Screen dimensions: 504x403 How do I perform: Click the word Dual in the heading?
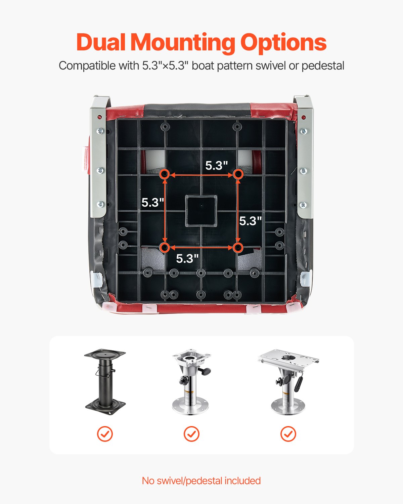pyautogui.click(x=101, y=43)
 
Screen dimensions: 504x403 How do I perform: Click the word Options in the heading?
pyautogui.click(x=283, y=43)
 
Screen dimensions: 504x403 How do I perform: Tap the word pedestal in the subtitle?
pyautogui.click(x=323, y=66)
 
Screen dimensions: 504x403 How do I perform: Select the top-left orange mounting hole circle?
pyautogui.click(x=165, y=174)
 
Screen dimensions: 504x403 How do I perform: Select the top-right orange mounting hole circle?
pyautogui.click(x=238, y=174)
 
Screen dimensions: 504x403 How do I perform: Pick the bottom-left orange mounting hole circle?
pyautogui.click(x=165, y=248)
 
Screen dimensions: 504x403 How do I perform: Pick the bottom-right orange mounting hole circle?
pyautogui.click(x=238, y=248)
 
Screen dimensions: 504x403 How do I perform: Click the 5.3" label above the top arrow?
pyautogui.click(x=217, y=165)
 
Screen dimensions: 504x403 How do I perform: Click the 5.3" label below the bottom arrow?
pyautogui.click(x=187, y=258)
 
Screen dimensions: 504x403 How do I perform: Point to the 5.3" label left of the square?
pyautogui.click(x=152, y=202)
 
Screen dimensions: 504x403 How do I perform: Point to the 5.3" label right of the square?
pyautogui.click(x=250, y=221)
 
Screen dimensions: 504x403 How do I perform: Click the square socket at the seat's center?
pyautogui.click(x=201, y=211)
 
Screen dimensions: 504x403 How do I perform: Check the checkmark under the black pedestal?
pyautogui.click(x=105, y=434)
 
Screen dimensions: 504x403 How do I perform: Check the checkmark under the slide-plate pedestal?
pyautogui.click(x=288, y=434)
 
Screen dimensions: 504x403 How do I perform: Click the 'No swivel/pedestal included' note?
pyautogui.click(x=201, y=480)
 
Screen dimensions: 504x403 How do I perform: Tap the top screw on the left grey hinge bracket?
pyautogui.click(x=100, y=131)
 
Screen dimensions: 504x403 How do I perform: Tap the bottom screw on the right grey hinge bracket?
pyautogui.click(x=303, y=205)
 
